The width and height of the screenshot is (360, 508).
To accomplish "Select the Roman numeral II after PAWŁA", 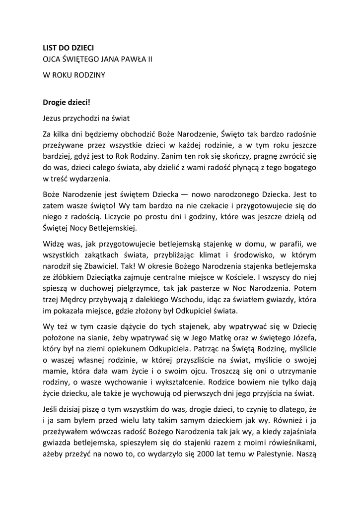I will coord(149,59).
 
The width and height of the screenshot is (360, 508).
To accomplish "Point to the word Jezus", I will coord(52,118).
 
